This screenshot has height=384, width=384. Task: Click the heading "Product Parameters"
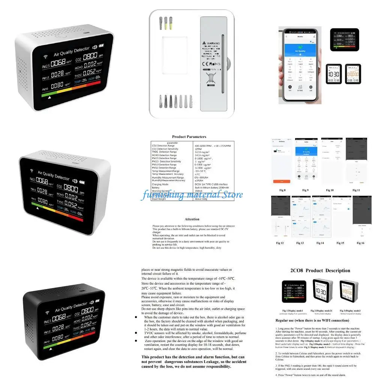(189, 136)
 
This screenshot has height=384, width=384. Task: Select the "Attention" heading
(192, 219)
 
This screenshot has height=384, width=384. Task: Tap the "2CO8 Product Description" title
(320, 270)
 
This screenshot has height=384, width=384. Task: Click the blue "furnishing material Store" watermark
(192, 195)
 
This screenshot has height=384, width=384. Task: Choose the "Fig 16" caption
(360, 243)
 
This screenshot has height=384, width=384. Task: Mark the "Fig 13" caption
(300, 243)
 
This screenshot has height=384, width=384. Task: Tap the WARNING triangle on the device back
(204, 43)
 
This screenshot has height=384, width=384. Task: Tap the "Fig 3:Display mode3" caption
(351, 310)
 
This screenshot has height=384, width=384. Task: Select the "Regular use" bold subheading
(312, 321)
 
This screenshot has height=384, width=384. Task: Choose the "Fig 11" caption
(356, 190)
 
